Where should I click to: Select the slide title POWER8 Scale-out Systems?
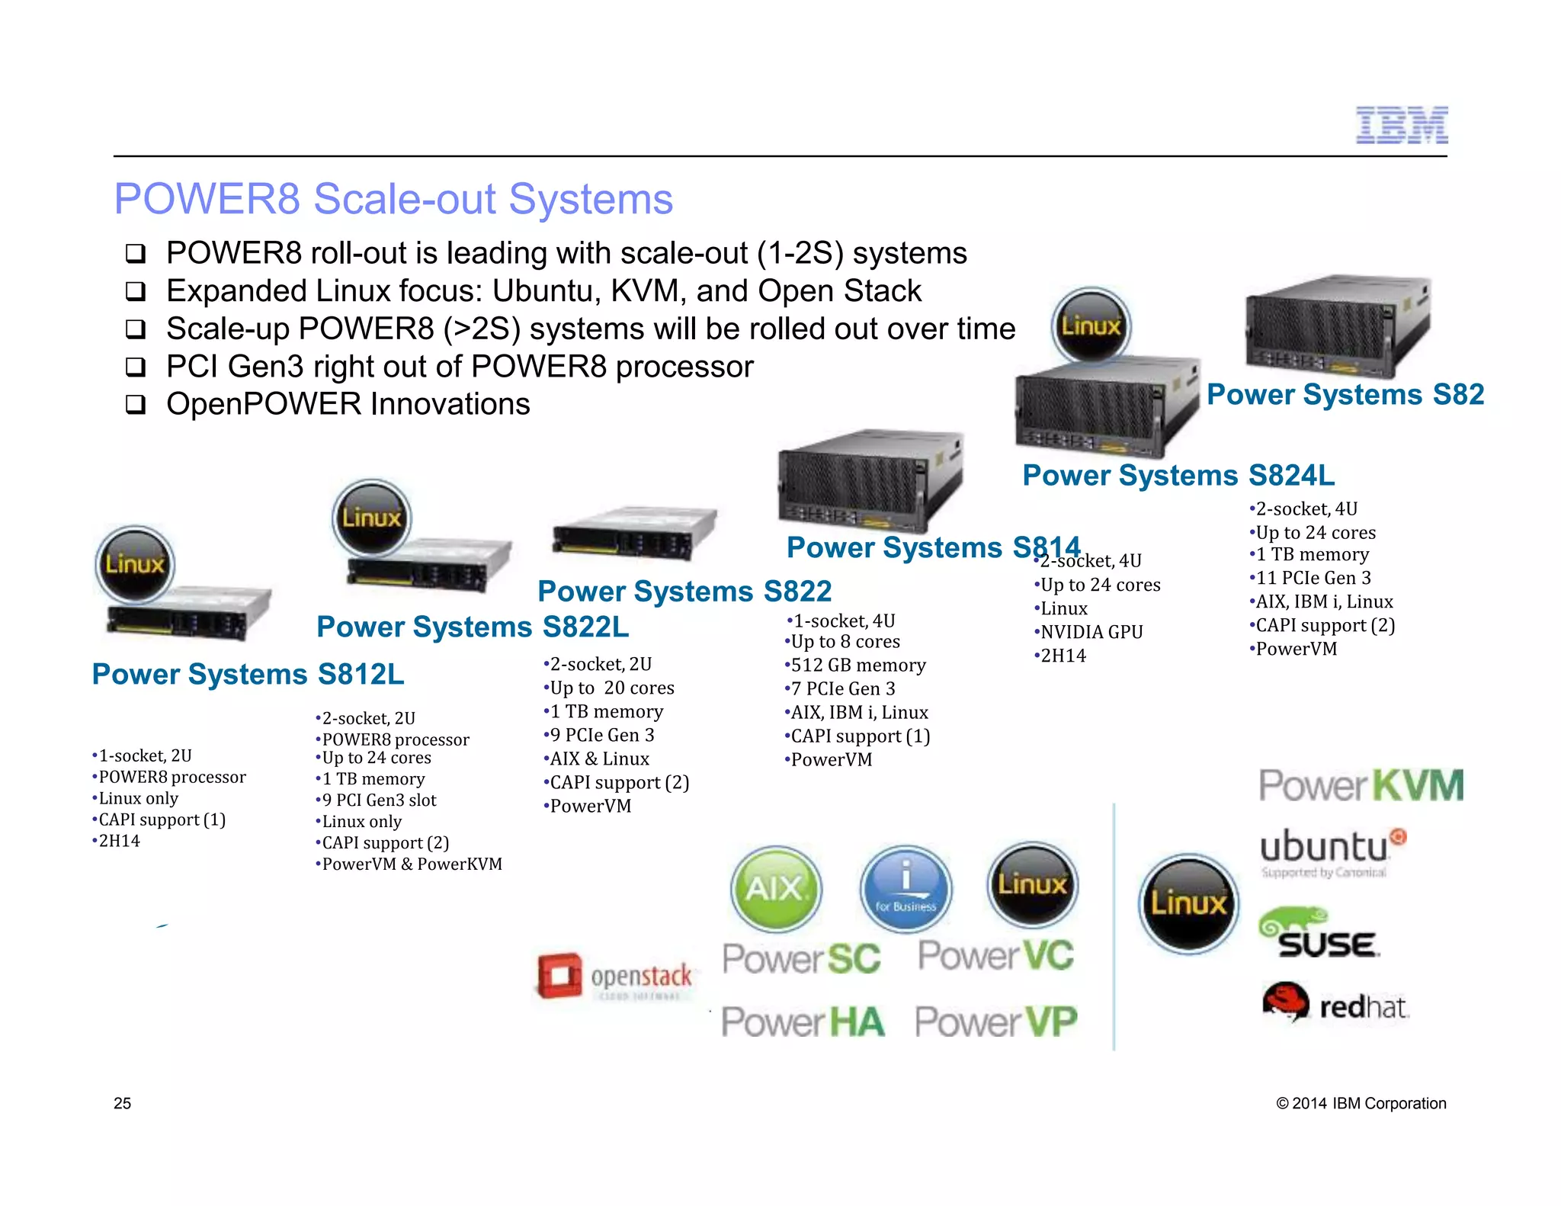(x=393, y=199)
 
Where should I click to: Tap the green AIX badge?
(x=776, y=889)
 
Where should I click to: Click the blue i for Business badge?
(x=906, y=889)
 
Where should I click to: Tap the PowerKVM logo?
(x=1361, y=786)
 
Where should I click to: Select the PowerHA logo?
(x=803, y=1022)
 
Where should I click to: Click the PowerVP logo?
(x=996, y=1022)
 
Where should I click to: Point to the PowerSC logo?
(x=802, y=958)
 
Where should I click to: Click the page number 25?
(x=122, y=1103)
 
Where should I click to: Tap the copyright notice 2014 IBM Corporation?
(x=1361, y=1103)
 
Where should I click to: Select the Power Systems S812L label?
(x=248, y=675)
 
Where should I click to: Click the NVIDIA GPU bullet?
(x=1090, y=632)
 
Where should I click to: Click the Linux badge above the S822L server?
(x=372, y=518)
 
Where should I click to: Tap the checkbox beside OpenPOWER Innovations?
(x=136, y=405)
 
